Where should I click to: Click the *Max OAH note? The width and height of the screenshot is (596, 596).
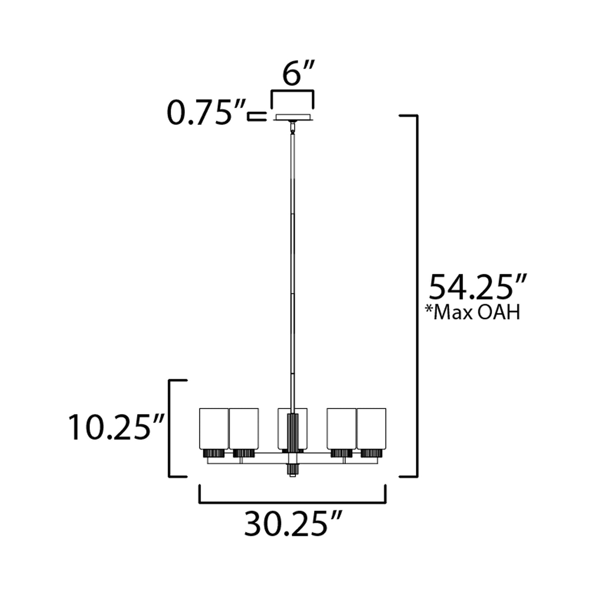473,312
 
